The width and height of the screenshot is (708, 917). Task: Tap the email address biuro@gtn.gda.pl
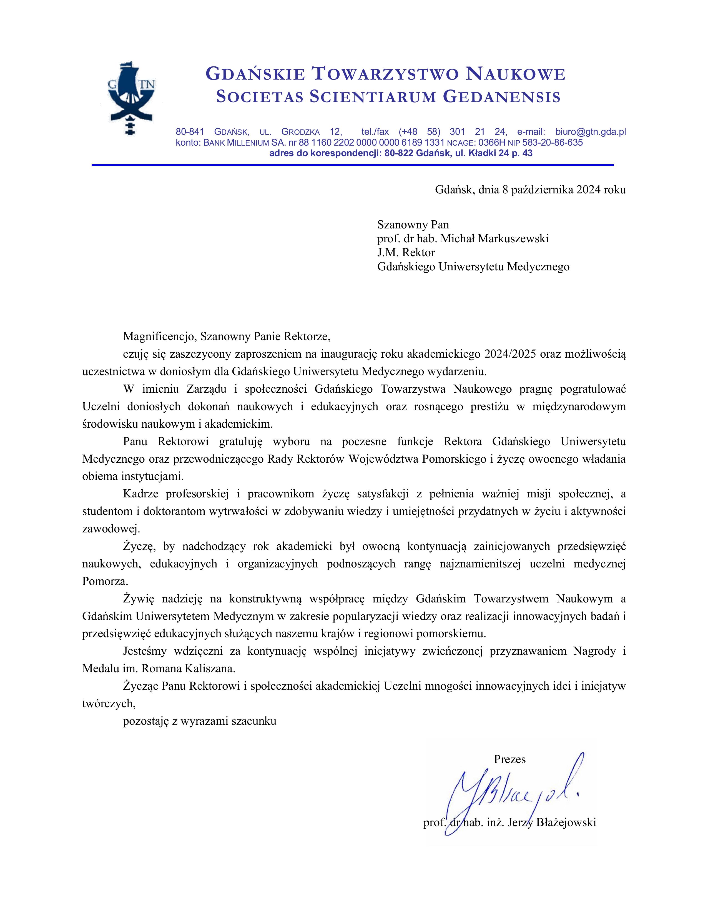pyautogui.click(x=591, y=132)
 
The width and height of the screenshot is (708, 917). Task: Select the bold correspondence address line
pyautogui.click(x=401, y=153)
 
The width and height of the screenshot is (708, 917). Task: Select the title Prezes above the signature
pyautogui.click(x=509, y=759)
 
